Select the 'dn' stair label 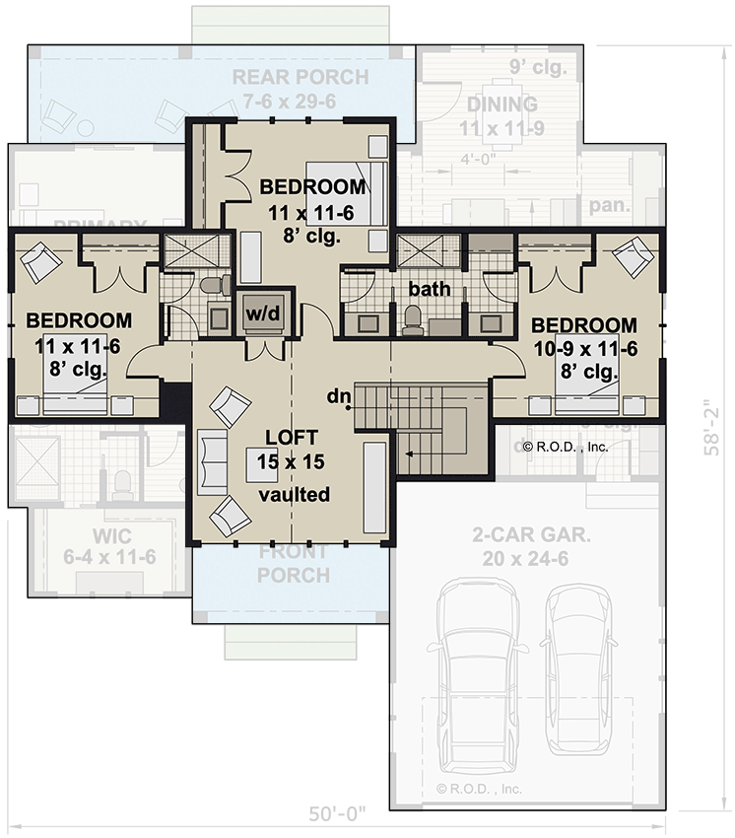coord(341,397)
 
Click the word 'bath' coord(431,290)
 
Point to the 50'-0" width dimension coord(335,813)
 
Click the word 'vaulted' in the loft coord(295,495)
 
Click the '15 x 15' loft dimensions coord(293,460)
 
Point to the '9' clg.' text coord(537,68)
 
